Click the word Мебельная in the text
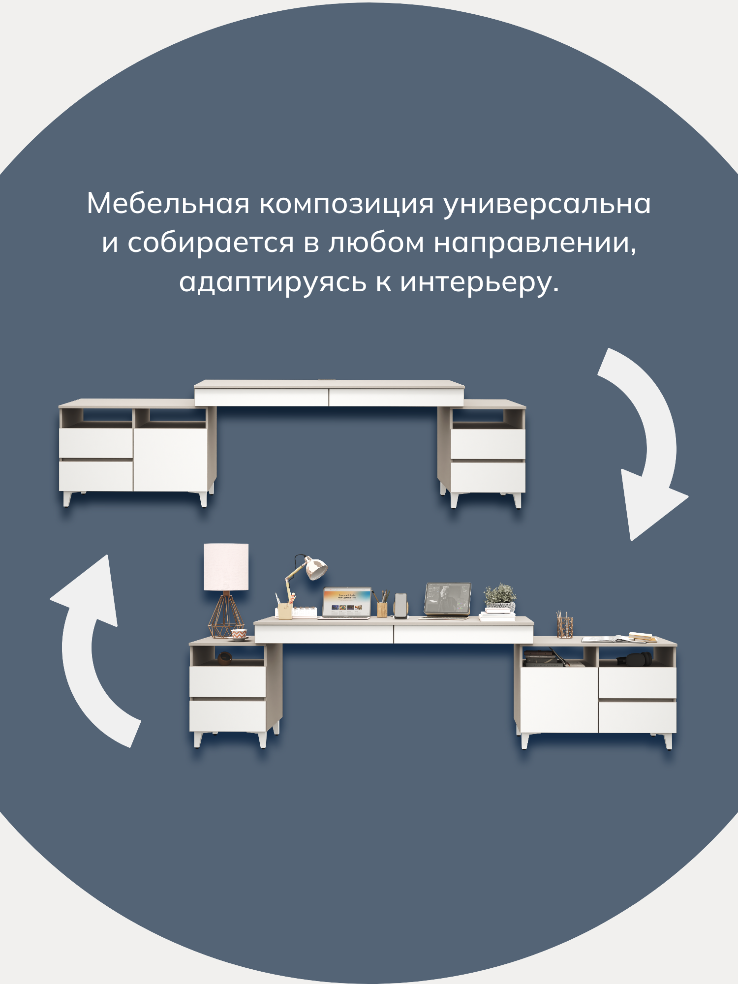[x=168, y=203]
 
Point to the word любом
[x=376, y=243]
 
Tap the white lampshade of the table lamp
[x=226, y=566]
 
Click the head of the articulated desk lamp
[x=315, y=568]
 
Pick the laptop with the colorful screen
[x=346, y=602]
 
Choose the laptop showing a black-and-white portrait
[x=447, y=599]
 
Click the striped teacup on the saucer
[x=239, y=635]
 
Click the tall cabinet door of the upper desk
[x=170, y=459]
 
